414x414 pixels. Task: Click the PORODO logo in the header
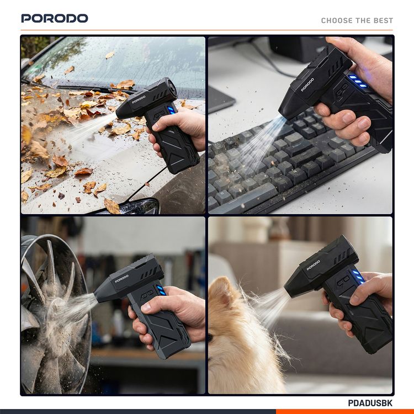[x=55, y=18]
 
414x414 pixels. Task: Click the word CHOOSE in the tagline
[x=337, y=20]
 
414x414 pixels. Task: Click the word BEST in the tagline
[x=383, y=20]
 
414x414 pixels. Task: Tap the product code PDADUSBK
[x=370, y=404]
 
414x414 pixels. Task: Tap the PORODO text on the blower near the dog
[x=314, y=265]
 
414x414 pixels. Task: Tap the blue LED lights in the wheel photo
[x=161, y=291]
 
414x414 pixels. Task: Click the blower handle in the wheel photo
[x=166, y=331]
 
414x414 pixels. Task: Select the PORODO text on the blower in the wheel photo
[x=122, y=277]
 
